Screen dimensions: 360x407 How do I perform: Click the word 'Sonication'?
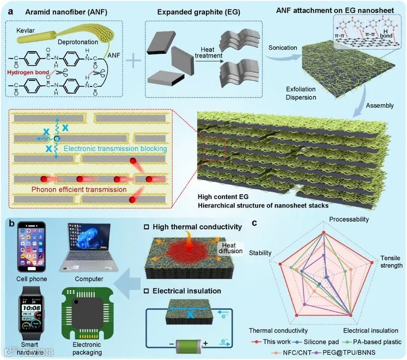282,48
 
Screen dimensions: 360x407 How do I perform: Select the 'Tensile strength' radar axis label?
391,262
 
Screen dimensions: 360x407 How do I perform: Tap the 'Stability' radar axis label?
260,253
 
